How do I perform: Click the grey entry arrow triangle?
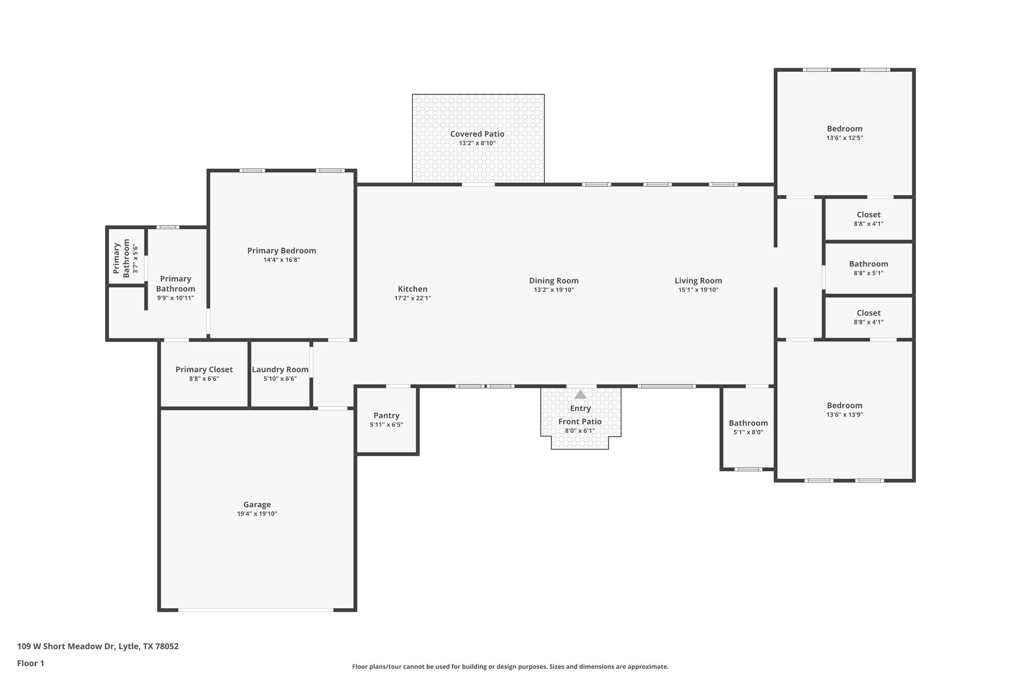tap(580, 395)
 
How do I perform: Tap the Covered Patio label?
tap(477, 134)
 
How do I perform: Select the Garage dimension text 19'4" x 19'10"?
tap(257, 514)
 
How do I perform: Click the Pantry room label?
tap(386, 415)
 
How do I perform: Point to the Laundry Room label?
tap(280, 370)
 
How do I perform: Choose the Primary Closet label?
tap(204, 370)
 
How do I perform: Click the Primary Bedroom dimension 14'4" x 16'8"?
tap(282, 260)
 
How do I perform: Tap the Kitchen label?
tap(412, 289)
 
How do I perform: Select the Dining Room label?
tap(553, 280)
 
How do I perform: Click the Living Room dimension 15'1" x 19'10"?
tap(698, 290)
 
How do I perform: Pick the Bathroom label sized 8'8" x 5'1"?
tap(868, 264)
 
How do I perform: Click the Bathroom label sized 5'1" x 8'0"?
tap(748, 423)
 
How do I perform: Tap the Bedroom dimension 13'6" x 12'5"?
tap(845, 138)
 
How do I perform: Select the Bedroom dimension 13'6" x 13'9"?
tap(845, 414)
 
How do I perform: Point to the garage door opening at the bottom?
tap(256, 610)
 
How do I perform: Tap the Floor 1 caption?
tap(30, 664)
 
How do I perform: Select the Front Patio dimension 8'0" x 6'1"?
tap(580, 431)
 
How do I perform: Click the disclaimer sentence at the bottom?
tap(510, 667)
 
